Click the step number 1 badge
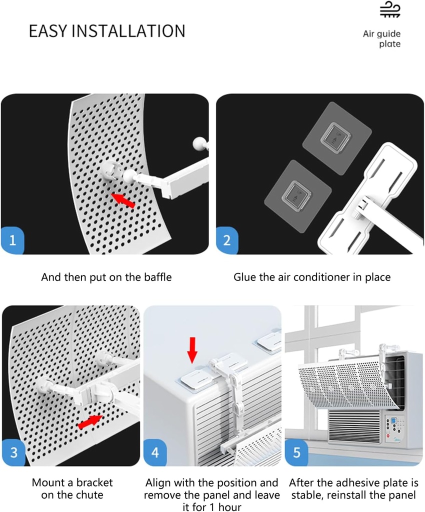pos(12,240)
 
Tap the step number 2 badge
pos(227,240)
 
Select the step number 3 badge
pos(13,452)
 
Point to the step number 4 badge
pos(155,452)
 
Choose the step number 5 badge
pos(296,452)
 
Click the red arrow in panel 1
pos(123,200)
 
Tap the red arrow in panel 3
pos(90,421)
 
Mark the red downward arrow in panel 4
pos(192,350)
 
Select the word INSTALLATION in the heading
pos(128,31)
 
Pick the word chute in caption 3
pos(89,495)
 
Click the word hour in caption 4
pos(230,507)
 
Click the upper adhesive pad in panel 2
pos(337,138)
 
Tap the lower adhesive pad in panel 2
pos(297,196)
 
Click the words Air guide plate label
pos(381,39)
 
